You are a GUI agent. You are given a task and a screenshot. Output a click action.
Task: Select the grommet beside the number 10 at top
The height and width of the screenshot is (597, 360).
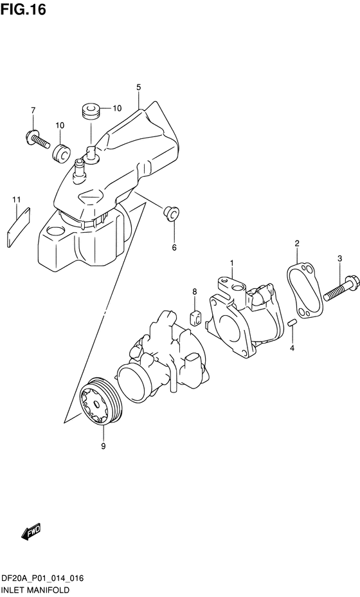point(90,110)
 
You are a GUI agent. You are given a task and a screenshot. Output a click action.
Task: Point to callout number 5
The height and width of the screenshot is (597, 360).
point(138,87)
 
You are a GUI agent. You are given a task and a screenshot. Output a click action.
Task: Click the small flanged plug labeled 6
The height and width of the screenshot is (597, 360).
point(172,212)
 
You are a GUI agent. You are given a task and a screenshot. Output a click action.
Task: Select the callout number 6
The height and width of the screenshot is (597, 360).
point(173,246)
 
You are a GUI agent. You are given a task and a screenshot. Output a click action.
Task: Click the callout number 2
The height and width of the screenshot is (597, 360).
point(297,243)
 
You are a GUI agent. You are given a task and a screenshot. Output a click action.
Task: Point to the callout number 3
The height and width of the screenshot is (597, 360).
point(339,258)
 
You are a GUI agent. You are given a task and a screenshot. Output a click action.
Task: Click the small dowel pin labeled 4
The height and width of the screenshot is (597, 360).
point(291,323)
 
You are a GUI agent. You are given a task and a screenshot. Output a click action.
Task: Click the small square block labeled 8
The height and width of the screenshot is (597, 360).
point(196,317)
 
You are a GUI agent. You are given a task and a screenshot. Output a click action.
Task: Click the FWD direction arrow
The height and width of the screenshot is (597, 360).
point(30,532)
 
